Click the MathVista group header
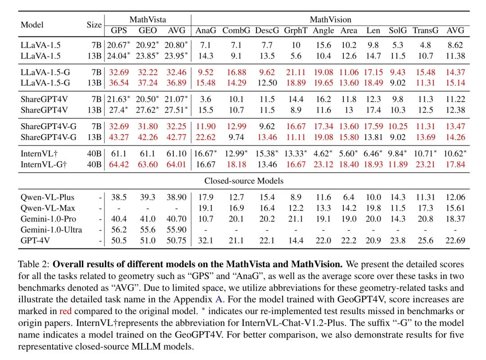coord(148,19)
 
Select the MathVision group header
coord(330,19)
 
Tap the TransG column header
coord(425,31)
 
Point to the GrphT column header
coord(296,31)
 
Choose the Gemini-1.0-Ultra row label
coord(51,229)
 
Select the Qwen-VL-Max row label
coord(48,208)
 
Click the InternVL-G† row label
coord(44,164)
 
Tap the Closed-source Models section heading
coord(243,181)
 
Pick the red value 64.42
coord(119,164)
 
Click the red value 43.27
coord(119,137)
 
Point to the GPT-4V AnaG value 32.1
coord(206,240)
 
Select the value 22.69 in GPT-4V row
coord(455,240)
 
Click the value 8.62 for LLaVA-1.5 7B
coord(455,45)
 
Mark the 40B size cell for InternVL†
coord(94,153)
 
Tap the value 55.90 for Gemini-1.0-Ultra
coord(176,229)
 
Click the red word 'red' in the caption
coord(65,311)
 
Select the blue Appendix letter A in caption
coord(219,299)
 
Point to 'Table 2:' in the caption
coord(34,264)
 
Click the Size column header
coord(94,25)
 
